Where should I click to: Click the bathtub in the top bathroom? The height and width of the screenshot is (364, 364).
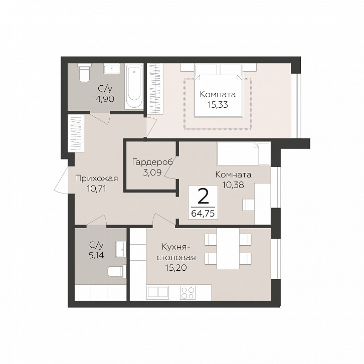tap(134, 86)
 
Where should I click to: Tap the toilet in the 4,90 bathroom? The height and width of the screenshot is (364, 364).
tap(84, 72)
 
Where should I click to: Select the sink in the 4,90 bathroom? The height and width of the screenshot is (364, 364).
tap(112, 69)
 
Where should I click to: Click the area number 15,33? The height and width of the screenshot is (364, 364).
tap(218, 105)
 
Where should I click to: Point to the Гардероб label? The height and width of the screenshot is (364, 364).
tap(152, 162)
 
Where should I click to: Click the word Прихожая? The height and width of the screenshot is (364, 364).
tap(97, 178)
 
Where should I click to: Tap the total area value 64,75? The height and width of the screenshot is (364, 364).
tap(203, 213)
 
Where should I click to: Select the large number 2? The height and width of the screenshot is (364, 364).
tap(204, 197)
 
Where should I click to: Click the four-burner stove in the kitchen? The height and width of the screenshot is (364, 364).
tap(188, 293)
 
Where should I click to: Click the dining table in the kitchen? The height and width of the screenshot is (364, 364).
tap(228, 248)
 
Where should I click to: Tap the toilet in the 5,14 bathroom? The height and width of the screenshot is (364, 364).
tap(117, 271)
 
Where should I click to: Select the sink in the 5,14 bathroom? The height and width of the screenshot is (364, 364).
tap(121, 249)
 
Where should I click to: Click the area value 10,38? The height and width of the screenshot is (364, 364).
tap(233, 185)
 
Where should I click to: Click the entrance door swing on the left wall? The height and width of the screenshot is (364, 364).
tap(61, 179)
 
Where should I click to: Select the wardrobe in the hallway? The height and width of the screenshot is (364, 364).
tap(76, 133)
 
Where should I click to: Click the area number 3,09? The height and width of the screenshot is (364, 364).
tap(152, 172)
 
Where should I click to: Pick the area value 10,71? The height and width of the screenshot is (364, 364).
tap(97, 189)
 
